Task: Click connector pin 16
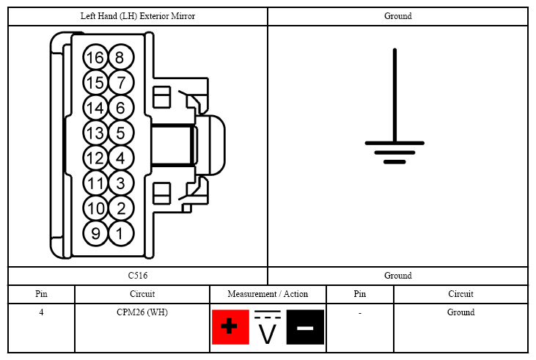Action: pyautogui.click(x=95, y=57)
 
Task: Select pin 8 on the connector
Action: pyautogui.click(x=121, y=57)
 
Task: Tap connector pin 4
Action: pyautogui.click(x=121, y=158)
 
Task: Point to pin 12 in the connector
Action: pyautogui.click(x=95, y=158)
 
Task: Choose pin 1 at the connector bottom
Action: pyautogui.click(x=121, y=233)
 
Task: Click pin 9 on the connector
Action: pyautogui.click(x=95, y=233)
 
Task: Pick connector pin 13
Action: pyautogui.click(x=95, y=133)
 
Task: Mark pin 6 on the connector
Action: pyautogui.click(x=121, y=107)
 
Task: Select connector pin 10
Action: pyautogui.click(x=95, y=208)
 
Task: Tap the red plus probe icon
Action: pyautogui.click(x=230, y=327)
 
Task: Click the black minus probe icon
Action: pyautogui.click(x=305, y=327)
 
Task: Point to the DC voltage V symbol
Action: pyautogui.click(x=268, y=327)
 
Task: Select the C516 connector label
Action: pyautogui.click(x=138, y=276)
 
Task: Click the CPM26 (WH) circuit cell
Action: pyautogui.click(x=142, y=312)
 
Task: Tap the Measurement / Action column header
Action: pyautogui.click(x=268, y=294)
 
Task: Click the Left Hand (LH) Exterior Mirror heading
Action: pyautogui.click(x=138, y=16)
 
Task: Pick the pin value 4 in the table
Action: pyautogui.click(x=41, y=312)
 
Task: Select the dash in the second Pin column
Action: pyautogui.click(x=360, y=313)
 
